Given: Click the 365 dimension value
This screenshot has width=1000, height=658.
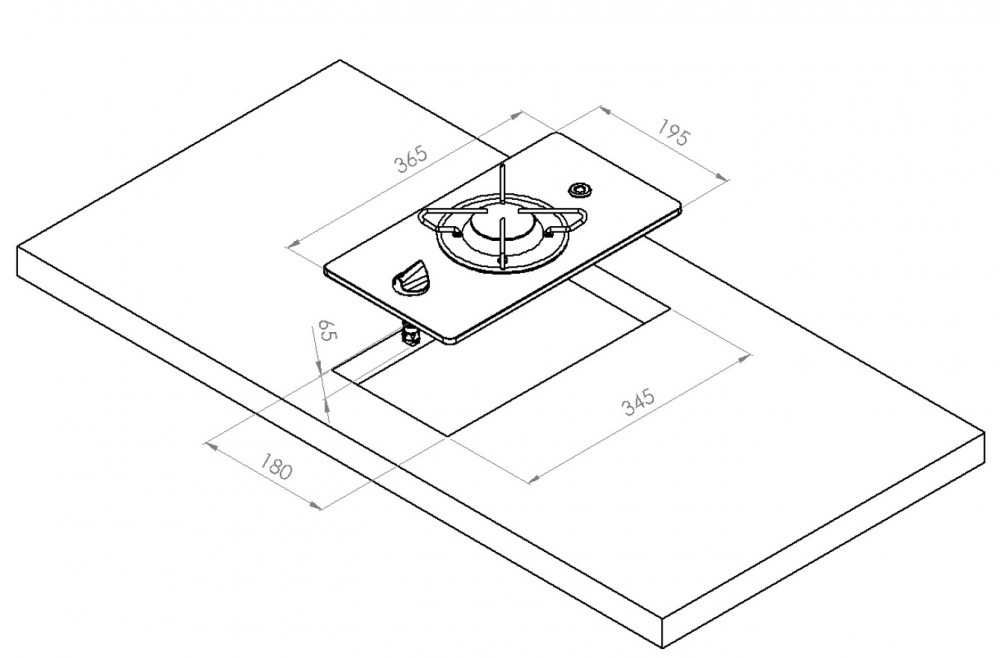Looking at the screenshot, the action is (x=409, y=160).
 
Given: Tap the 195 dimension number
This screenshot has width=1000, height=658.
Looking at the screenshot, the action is (x=673, y=133).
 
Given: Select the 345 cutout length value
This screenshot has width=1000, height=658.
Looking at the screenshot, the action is (x=637, y=403).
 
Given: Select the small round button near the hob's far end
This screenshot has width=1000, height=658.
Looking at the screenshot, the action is (x=579, y=189).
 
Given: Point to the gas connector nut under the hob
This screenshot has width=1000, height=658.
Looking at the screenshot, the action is (x=409, y=336).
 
